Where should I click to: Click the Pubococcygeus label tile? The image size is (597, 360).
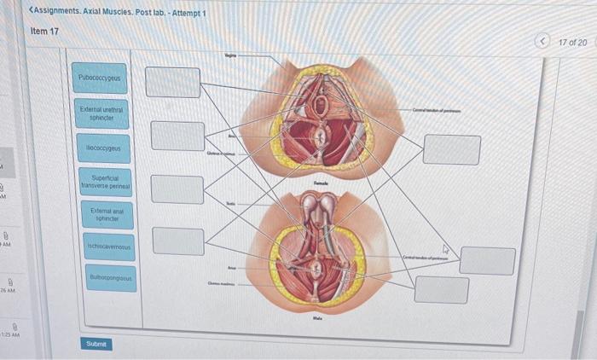tap(100, 78)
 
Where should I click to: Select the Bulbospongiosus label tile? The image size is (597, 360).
tap(111, 277)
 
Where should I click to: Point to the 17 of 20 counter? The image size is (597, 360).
tap(572, 42)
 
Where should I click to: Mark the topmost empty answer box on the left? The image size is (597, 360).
tap(172, 82)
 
